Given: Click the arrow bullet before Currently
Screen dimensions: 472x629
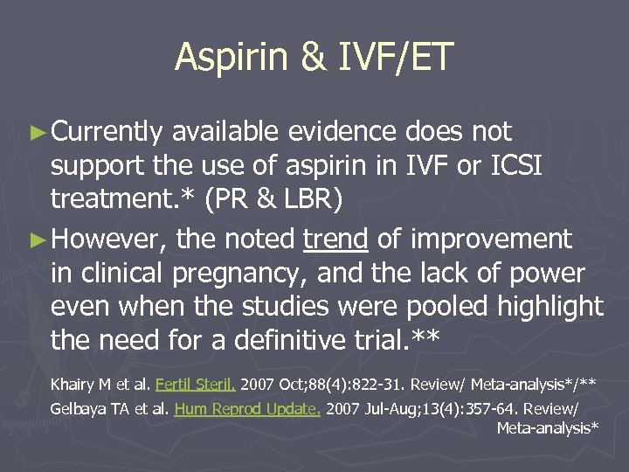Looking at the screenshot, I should point(39,133).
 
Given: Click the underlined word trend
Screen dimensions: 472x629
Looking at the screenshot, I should point(335,238).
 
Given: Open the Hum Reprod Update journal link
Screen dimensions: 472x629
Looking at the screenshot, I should point(247,408).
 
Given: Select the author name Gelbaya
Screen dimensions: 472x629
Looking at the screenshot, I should point(79,408).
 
